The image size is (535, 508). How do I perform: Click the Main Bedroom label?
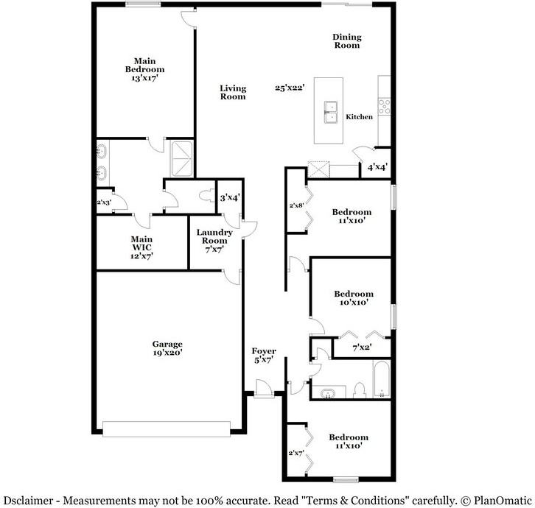(144, 69)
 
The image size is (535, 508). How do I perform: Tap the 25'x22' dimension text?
(290, 88)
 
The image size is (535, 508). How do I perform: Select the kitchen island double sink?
(330, 112)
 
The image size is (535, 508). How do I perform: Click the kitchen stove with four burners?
(384, 106)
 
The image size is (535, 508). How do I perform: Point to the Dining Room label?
(347, 41)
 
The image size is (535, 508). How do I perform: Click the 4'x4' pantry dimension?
(377, 167)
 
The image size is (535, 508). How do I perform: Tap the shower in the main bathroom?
(182, 159)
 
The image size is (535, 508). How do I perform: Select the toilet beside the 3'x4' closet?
(206, 196)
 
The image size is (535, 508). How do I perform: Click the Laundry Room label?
(214, 241)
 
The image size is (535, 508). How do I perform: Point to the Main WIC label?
(141, 247)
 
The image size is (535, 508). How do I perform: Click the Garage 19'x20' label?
(167, 348)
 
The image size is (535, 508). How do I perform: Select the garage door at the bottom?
(167, 429)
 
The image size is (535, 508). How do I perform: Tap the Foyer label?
(264, 356)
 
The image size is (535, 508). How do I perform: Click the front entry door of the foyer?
(264, 388)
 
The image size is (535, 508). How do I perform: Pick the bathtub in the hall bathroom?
(382, 378)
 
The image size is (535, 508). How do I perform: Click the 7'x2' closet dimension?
(362, 348)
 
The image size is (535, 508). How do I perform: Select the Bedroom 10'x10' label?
(354, 297)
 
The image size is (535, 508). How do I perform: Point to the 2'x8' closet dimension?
(296, 205)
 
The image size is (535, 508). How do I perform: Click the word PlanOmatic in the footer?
(503, 501)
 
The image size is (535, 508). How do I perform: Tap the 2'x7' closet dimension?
(296, 453)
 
